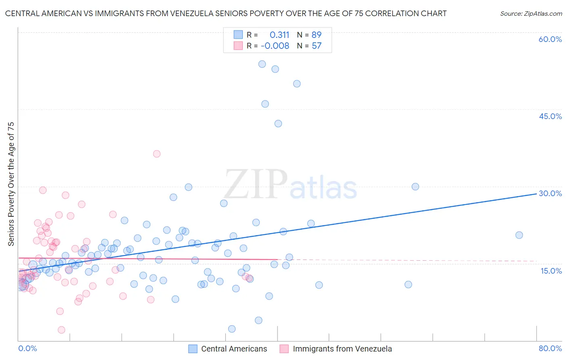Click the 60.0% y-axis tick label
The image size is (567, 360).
click(550, 39)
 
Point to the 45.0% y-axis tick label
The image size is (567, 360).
click(550, 116)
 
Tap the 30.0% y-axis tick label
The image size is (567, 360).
click(550, 193)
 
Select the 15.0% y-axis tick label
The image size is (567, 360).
click(551, 270)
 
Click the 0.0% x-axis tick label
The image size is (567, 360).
click(27, 348)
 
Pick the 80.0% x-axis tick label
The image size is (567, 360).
click(550, 348)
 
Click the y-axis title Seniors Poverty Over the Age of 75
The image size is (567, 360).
click(11, 184)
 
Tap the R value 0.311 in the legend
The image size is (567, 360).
click(279, 35)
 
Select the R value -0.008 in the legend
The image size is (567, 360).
click(275, 46)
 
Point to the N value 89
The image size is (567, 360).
click(316, 35)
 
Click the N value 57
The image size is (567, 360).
click(316, 46)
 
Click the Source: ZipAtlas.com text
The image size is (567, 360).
click(531, 14)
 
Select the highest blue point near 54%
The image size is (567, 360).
click(262, 64)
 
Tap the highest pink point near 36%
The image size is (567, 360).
click(157, 154)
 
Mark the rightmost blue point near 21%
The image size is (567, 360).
click(519, 235)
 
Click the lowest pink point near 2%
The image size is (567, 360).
click(62, 330)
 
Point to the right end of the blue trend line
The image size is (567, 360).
click(536, 194)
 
